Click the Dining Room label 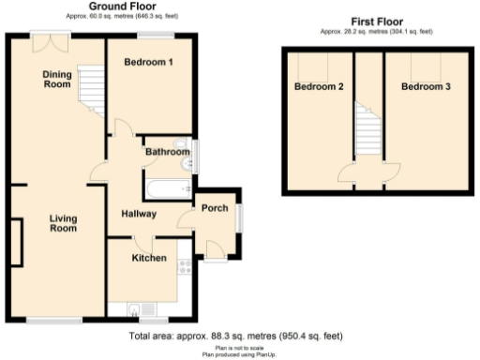57,80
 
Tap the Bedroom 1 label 149,63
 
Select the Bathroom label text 166,151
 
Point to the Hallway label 138,215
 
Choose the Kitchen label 149,258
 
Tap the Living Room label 63,224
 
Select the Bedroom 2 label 319,87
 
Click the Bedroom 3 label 427,87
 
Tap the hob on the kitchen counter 184,266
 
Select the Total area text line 235,335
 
